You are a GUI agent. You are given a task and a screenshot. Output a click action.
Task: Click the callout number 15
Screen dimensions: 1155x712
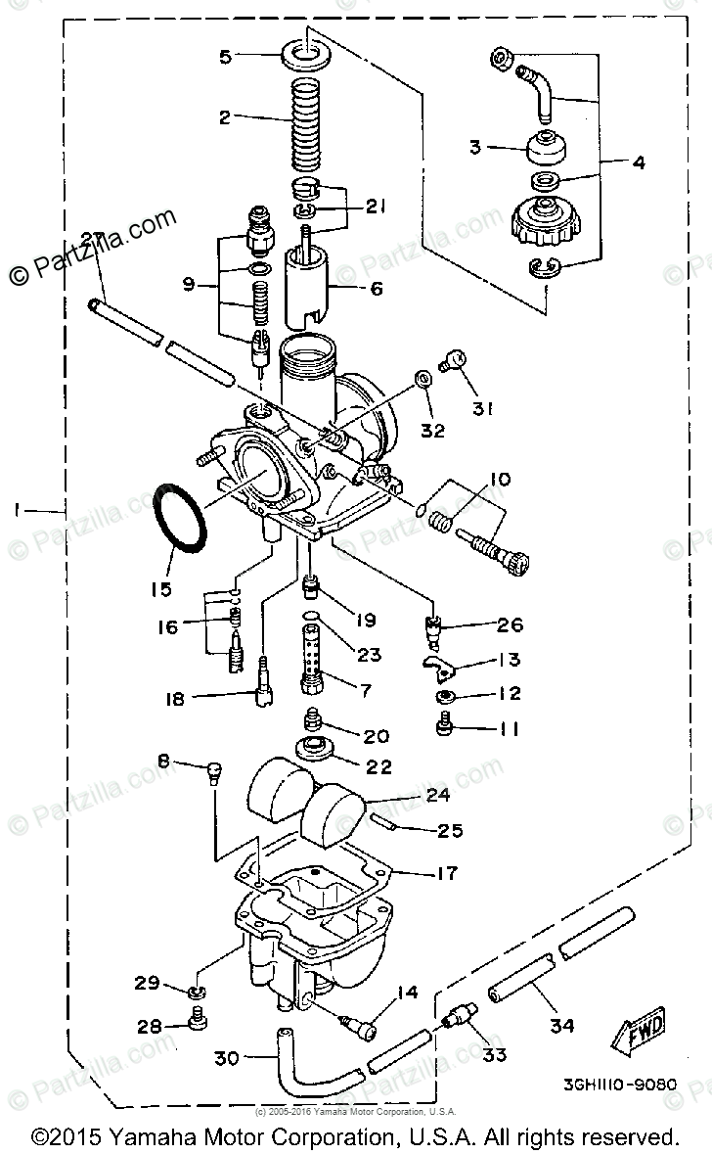point(160,588)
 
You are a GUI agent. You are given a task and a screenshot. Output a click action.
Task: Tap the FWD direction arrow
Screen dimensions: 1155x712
point(639,1028)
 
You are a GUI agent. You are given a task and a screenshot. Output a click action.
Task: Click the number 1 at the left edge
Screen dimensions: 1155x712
point(17,509)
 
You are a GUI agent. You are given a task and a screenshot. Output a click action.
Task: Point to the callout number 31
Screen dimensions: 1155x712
point(479,409)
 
